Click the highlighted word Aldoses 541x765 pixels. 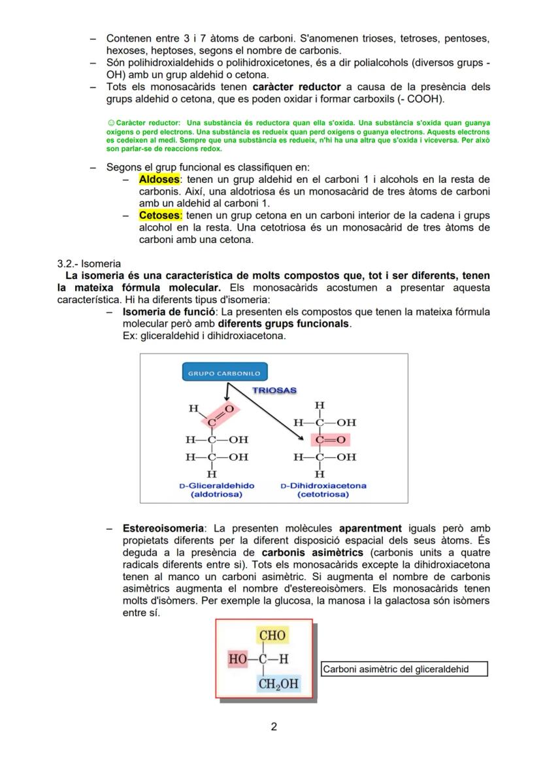pos(159,180)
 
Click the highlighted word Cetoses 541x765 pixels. pos(160,216)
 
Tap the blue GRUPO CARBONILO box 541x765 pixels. pos(223,374)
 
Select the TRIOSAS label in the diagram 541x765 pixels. pos(274,391)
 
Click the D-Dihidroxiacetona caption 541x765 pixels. pos(323,486)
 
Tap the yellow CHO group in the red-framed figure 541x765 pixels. pos(272,636)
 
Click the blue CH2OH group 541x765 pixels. pos(278,684)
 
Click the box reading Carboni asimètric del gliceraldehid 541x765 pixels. pos(404,670)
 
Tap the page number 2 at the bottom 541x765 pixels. pos(274,727)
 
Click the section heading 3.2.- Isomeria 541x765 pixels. pos(89,263)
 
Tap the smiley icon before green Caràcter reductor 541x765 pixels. pos(109,123)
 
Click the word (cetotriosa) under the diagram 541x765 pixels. pos(323,495)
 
